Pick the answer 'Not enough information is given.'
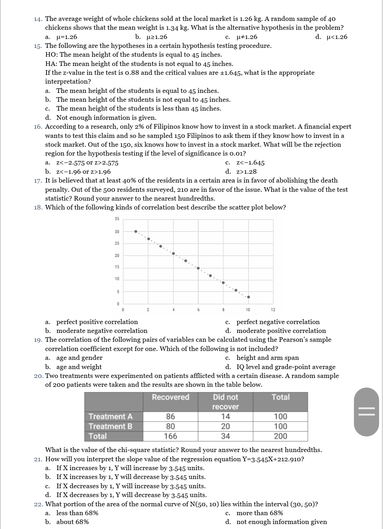[106, 118]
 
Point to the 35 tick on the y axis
[117, 219]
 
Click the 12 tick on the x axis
[273, 310]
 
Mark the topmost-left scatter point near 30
[135, 232]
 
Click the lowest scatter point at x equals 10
[248, 297]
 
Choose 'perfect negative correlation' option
[278, 322]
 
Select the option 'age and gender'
[79, 358]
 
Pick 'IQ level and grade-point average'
[285, 367]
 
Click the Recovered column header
[171, 397]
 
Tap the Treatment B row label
[110, 427]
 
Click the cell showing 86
[171, 417]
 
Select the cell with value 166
[171, 436]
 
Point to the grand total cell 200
[281, 436]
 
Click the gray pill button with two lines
[366, 412]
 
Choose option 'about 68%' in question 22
[72, 522]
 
